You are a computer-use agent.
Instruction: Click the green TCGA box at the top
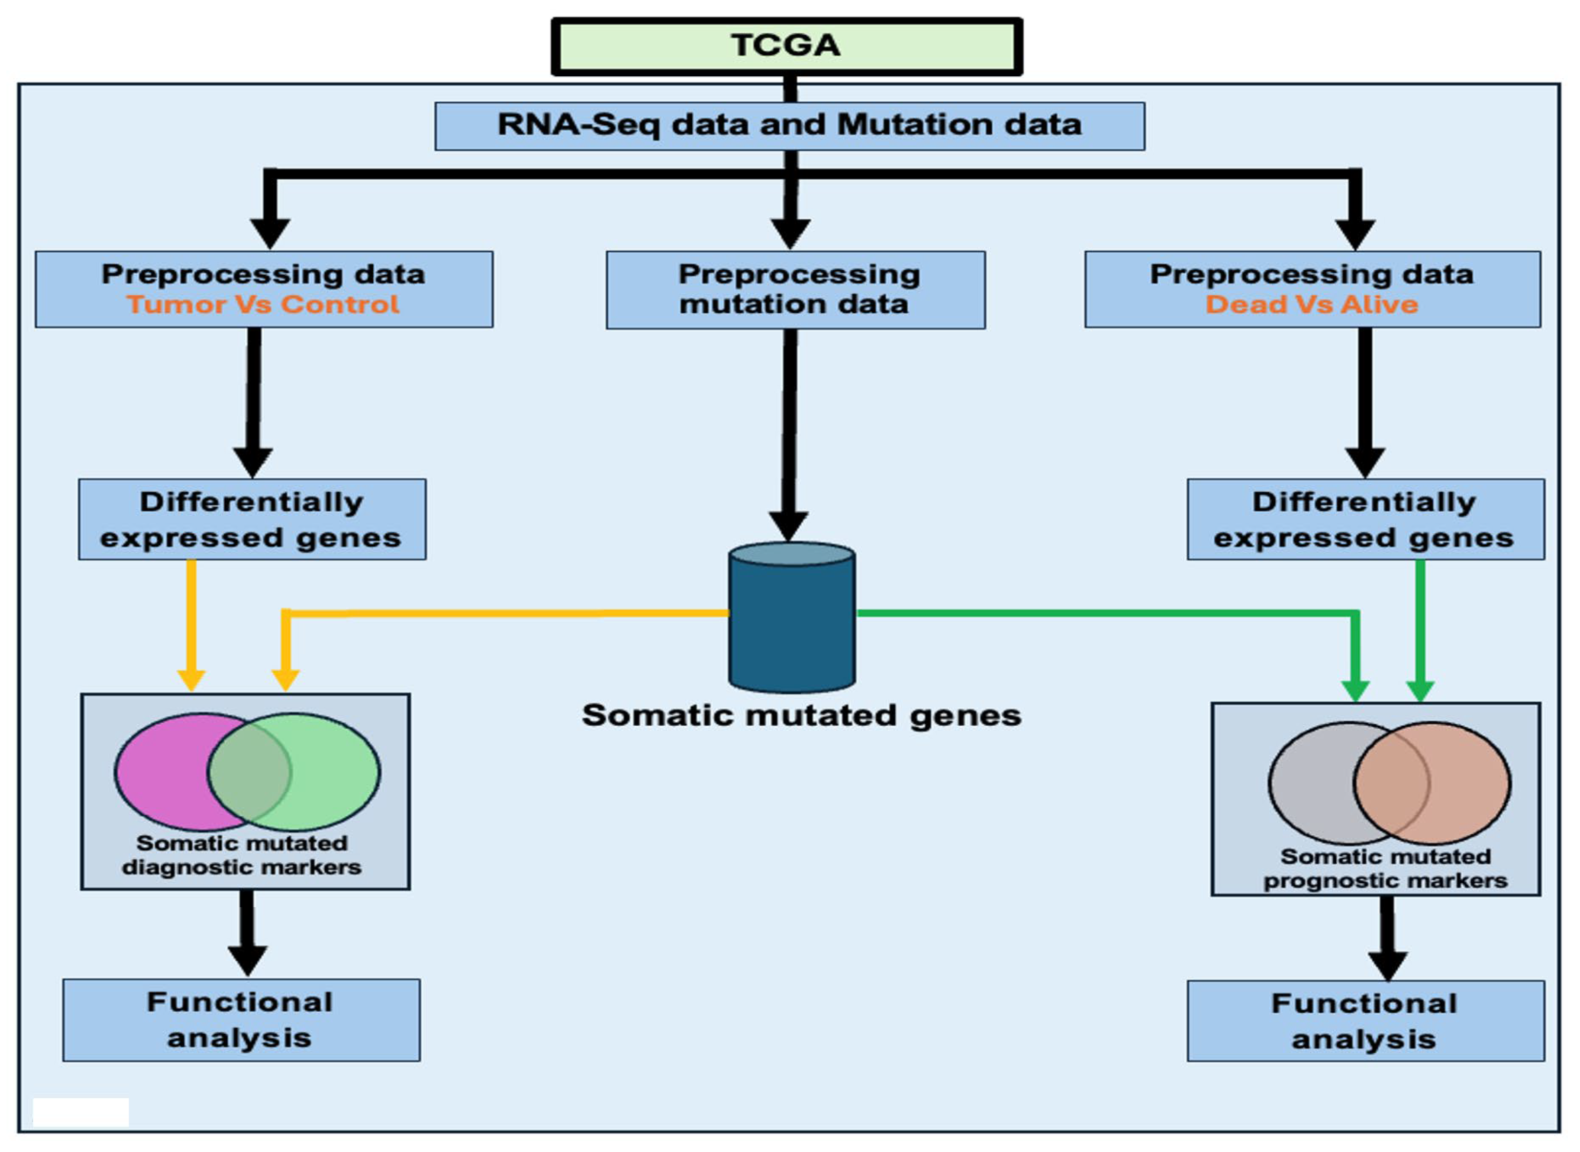pyautogui.click(x=786, y=46)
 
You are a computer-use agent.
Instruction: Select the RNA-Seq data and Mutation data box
pyautogui.click(x=789, y=126)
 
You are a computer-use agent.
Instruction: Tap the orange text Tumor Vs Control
pyautogui.click(x=263, y=304)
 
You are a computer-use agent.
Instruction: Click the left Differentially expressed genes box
pyautogui.click(x=252, y=520)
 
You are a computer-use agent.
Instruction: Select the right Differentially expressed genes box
pyautogui.click(x=1365, y=520)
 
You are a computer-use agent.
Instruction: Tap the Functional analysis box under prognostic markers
pyautogui.click(x=1365, y=1022)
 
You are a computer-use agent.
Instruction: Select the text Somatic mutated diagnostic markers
pyautogui.click(x=242, y=855)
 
